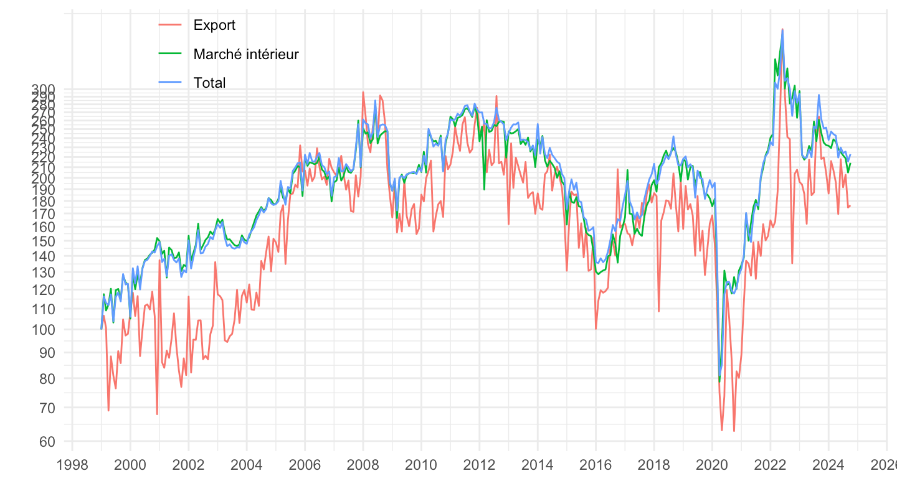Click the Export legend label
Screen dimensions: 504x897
click(214, 26)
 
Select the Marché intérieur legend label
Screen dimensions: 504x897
click(246, 54)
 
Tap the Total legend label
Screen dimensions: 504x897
click(209, 83)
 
